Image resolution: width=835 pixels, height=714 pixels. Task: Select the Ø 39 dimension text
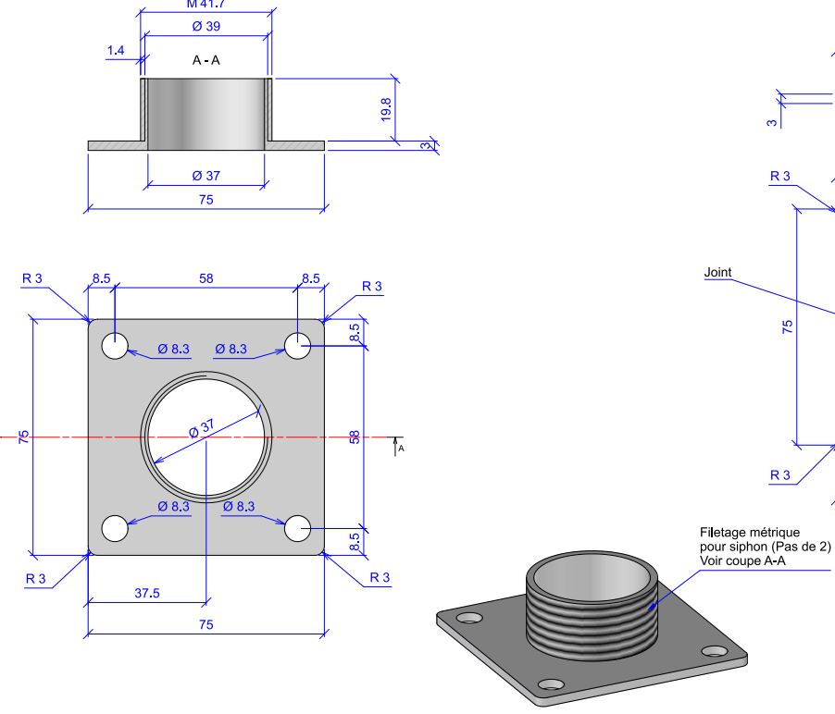coord(206,27)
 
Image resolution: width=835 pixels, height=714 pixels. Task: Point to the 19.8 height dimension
coord(387,109)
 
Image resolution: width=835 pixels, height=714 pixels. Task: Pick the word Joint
coord(718,272)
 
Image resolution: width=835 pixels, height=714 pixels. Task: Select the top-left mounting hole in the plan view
coord(115,346)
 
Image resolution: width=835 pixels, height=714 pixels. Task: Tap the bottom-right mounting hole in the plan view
coord(298,528)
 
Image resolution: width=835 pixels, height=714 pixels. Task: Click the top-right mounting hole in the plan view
coord(298,346)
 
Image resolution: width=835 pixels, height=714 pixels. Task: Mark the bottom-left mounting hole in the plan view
coord(115,528)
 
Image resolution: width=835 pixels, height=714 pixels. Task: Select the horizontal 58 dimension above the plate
coord(205,277)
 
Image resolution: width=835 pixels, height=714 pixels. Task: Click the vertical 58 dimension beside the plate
coord(355,437)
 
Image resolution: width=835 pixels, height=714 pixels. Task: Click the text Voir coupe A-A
coord(742,559)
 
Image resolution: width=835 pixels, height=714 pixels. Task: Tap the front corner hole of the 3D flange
coord(550,684)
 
